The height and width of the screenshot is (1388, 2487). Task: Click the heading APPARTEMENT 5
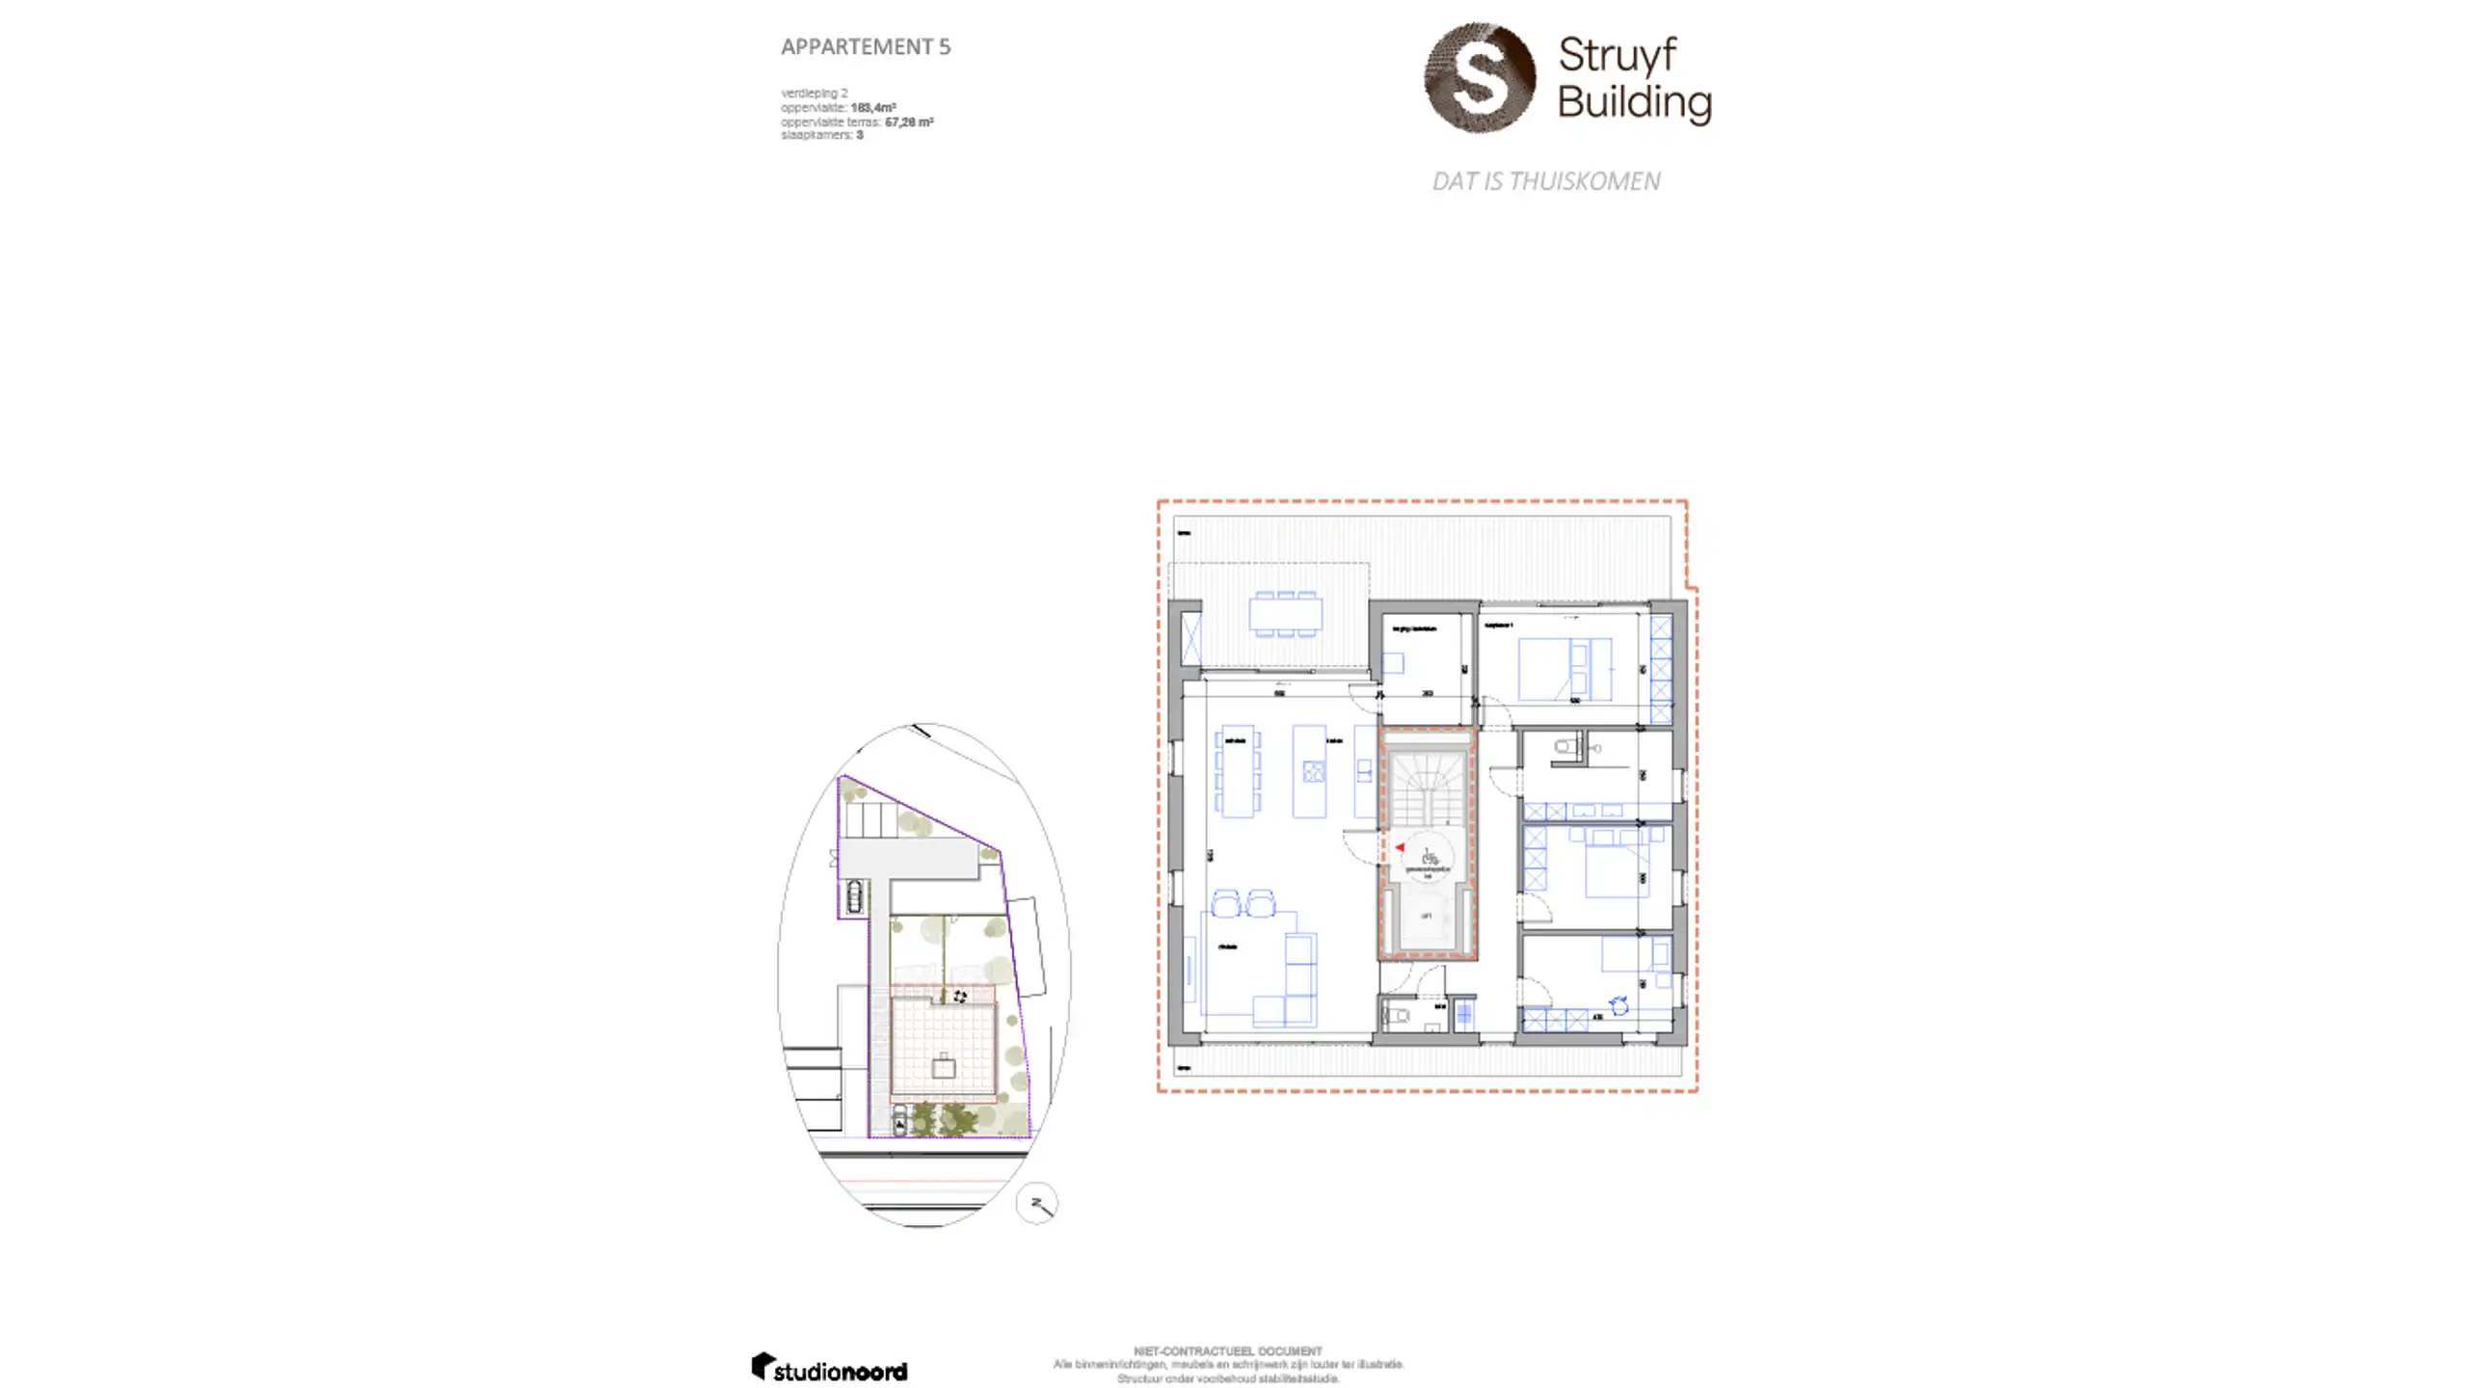(x=865, y=46)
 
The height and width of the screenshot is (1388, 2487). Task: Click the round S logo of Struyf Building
(x=1479, y=77)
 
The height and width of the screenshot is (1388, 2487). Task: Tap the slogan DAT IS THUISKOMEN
(x=1545, y=181)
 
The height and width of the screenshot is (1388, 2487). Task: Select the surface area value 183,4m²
(x=872, y=108)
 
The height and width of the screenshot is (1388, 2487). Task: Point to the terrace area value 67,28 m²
(x=908, y=122)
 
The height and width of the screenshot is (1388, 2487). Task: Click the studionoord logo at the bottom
(x=829, y=1368)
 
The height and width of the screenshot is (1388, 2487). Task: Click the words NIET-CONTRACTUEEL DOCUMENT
(x=1227, y=1351)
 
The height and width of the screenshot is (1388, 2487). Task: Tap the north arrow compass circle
(x=1037, y=1204)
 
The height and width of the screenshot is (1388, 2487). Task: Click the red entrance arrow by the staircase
(x=1400, y=847)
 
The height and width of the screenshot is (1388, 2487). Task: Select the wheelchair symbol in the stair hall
(x=1429, y=856)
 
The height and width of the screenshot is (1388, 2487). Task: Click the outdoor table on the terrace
(x=1285, y=614)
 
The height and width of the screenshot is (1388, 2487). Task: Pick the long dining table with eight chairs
(x=1237, y=771)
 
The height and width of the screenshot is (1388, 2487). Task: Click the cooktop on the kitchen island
(x=1313, y=771)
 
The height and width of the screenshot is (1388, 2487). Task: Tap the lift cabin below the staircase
(x=1427, y=917)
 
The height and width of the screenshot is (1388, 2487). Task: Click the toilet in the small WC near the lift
(x=1397, y=1015)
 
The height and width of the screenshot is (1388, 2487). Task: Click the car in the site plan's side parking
(x=854, y=895)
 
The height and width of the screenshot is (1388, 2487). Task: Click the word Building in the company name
(x=1634, y=101)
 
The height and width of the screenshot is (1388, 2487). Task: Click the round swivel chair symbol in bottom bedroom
(x=1619, y=1006)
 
